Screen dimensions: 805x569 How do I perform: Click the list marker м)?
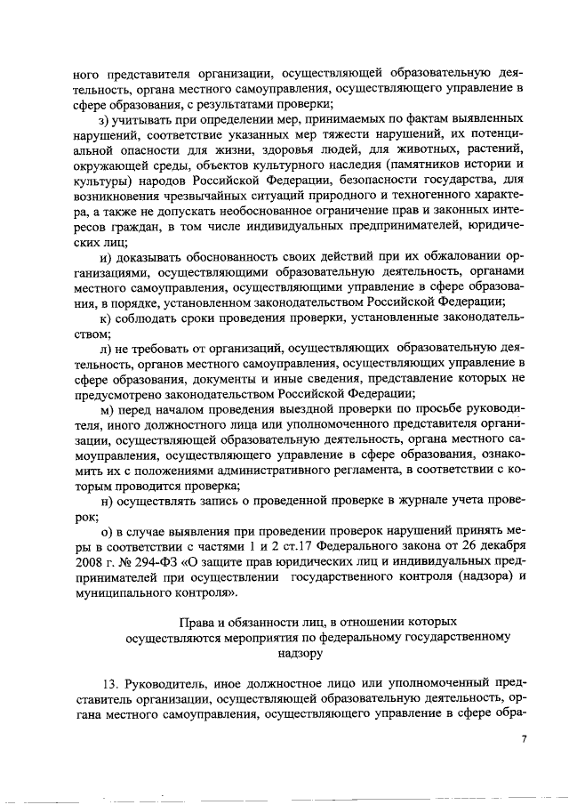coord(106,412)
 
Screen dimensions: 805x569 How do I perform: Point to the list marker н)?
coord(105,503)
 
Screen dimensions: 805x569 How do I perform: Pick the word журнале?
coord(395,503)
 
